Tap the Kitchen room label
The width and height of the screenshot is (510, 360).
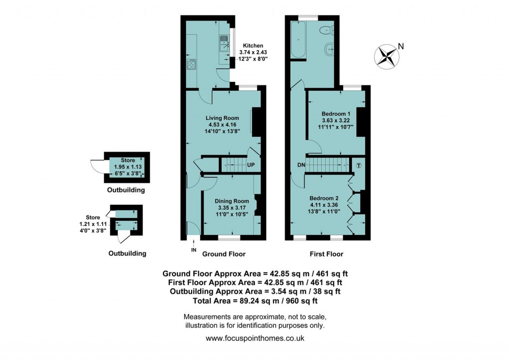[253, 45]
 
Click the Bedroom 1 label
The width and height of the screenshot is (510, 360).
[336, 114]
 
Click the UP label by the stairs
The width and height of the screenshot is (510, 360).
[251, 165]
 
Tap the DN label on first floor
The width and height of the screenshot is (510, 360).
[300, 165]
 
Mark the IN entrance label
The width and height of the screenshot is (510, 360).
[193, 250]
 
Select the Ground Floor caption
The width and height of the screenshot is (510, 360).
[224, 254]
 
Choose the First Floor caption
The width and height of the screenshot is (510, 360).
[326, 254]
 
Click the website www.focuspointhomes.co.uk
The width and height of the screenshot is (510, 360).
[255, 338]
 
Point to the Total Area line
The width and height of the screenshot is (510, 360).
[255, 301]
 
